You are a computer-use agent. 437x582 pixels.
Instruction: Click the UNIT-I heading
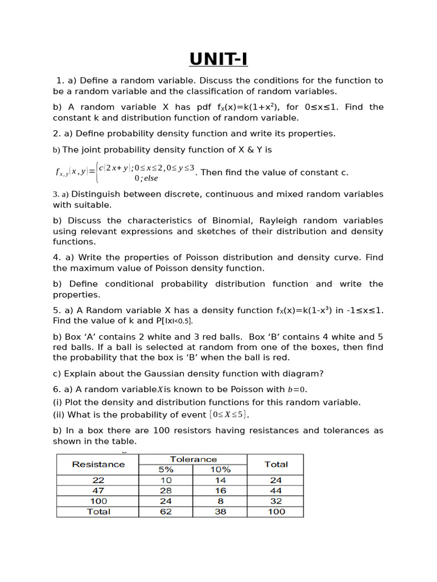(x=218, y=59)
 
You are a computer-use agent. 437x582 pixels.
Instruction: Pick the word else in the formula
(x=151, y=178)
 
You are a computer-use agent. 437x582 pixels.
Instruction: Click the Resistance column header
(x=98, y=464)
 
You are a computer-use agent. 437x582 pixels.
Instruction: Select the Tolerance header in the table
(x=193, y=459)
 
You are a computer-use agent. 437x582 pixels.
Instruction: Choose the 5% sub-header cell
(x=166, y=469)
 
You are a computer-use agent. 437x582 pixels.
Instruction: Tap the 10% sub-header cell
(x=220, y=469)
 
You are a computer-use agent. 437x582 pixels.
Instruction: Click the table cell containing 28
(x=166, y=490)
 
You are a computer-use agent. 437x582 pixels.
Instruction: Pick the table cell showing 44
(x=275, y=490)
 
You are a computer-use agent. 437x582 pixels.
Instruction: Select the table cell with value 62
(x=166, y=512)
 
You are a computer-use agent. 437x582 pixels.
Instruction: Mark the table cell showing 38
(x=220, y=512)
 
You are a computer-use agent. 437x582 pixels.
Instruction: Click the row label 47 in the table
(x=98, y=490)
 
